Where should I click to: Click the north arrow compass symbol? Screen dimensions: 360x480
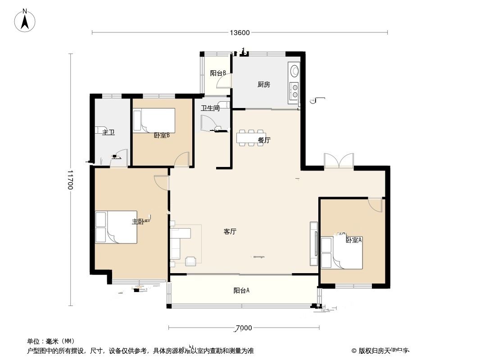26,20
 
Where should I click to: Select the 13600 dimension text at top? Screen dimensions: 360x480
239,32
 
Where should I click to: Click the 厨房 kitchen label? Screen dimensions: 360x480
263,84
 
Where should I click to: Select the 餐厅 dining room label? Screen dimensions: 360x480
264,140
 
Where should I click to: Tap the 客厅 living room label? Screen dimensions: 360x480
230,232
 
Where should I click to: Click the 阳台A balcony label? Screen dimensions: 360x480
241,291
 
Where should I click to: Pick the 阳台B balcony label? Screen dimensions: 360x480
217,73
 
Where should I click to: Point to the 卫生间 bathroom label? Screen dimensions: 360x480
210,108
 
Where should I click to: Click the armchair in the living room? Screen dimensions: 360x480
190,260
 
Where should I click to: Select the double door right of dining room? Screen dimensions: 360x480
338,161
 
